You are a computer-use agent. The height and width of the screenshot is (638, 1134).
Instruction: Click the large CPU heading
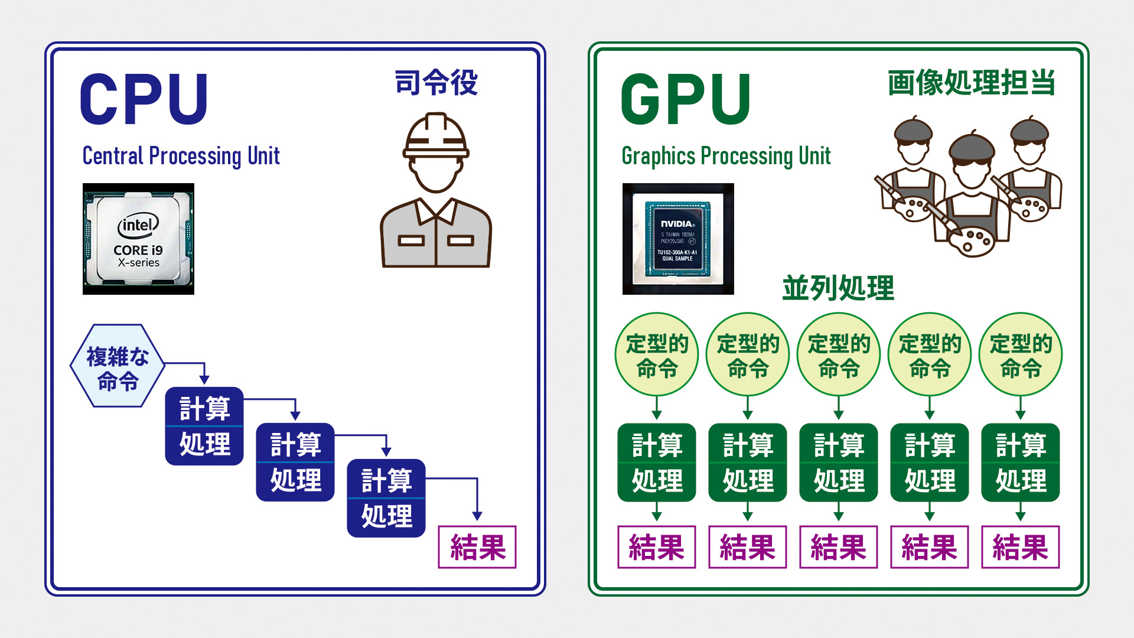pyautogui.click(x=144, y=99)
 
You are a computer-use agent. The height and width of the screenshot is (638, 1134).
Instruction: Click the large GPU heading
pyautogui.click(x=686, y=99)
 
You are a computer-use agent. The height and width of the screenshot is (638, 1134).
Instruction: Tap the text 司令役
pyautogui.click(x=436, y=82)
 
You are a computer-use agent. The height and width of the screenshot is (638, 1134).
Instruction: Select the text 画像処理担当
pyautogui.click(x=972, y=82)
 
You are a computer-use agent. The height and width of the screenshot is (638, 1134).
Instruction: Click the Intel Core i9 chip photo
pyautogui.click(x=138, y=239)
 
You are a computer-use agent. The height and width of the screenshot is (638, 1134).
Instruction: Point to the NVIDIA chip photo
pyautogui.click(x=678, y=239)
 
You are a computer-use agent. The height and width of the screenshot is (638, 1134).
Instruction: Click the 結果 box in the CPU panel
pyautogui.click(x=477, y=547)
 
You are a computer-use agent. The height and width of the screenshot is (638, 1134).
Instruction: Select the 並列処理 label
pyautogui.click(x=838, y=288)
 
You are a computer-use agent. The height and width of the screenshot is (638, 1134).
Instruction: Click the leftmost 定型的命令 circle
pyautogui.click(x=657, y=354)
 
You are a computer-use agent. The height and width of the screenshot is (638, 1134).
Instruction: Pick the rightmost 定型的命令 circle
pyautogui.click(x=1021, y=354)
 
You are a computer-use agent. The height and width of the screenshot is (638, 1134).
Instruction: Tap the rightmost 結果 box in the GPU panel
pyautogui.click(x=1021, y=547)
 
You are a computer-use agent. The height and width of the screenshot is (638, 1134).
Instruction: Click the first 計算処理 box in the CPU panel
pyautogui.click(x=204, y=426)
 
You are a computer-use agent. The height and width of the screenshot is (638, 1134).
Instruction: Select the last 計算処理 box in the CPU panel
pyautogui.click(x=386, y=498)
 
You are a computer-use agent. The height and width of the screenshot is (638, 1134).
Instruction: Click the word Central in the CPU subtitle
pyautogui.click(x=113, y=156)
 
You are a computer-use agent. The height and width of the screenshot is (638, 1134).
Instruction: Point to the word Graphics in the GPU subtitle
pyautogui.click(x=659, y=156)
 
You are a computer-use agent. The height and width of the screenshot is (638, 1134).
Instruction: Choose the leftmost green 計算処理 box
pyautogui.click(x=657, y=463)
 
